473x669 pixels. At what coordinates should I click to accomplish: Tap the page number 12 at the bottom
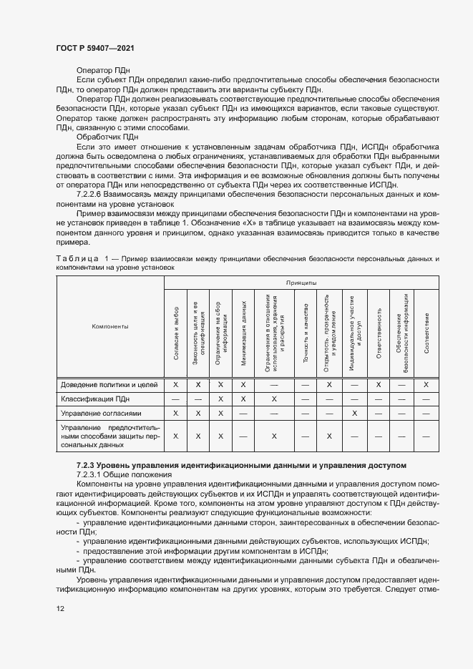point(60,608)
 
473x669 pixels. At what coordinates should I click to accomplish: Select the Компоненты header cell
point(109,326)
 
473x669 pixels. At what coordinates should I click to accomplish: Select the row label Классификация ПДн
point(95,399)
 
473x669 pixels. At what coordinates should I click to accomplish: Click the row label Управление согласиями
point(101,413)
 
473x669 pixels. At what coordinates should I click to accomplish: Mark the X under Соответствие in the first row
point(426,384)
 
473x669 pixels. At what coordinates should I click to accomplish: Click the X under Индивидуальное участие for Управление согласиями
point(354,413)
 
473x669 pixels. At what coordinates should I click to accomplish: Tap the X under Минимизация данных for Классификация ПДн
point(243,399)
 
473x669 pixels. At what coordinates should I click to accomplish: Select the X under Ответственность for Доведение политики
point(379,384)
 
